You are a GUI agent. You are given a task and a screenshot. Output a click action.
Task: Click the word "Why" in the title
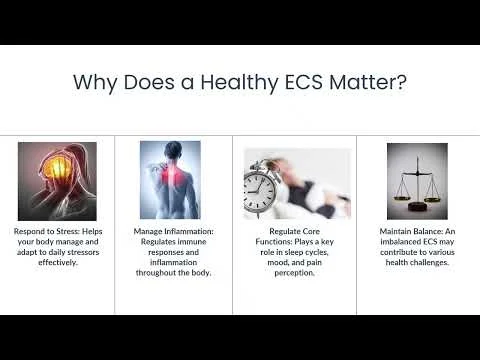(98, 82)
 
